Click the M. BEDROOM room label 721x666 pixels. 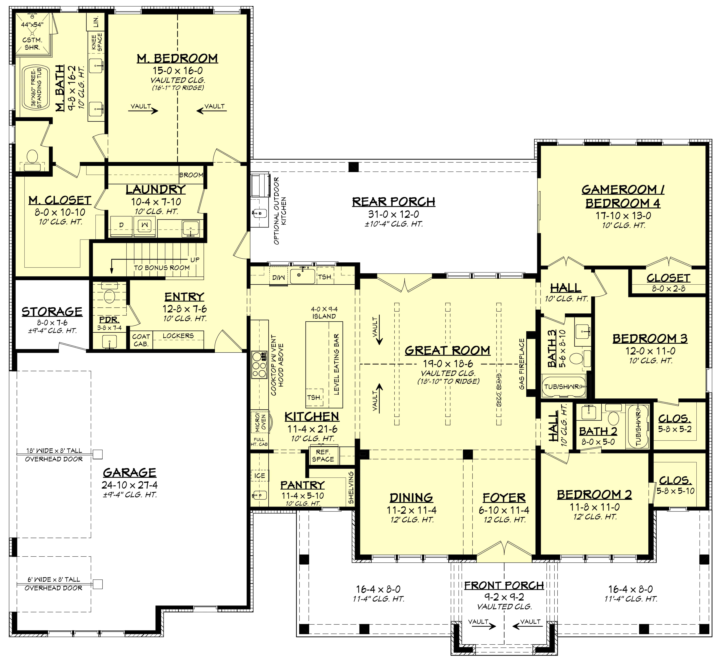click(177, 58)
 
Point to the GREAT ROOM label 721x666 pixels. click(447, 351)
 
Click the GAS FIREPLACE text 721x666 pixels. click(522, 364)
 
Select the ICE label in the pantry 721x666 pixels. click(259, 476)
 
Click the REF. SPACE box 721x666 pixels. click(323, 456)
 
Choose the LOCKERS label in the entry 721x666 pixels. click(178, 336)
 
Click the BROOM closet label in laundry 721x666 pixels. click(191, 175)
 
